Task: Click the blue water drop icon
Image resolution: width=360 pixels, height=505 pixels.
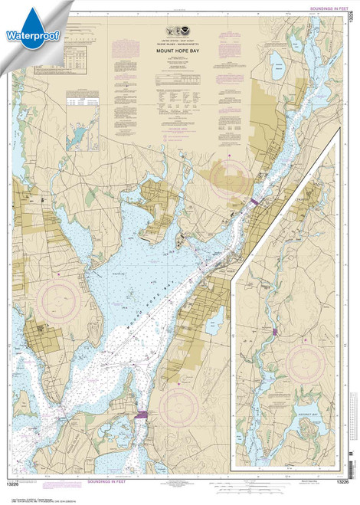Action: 23,15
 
